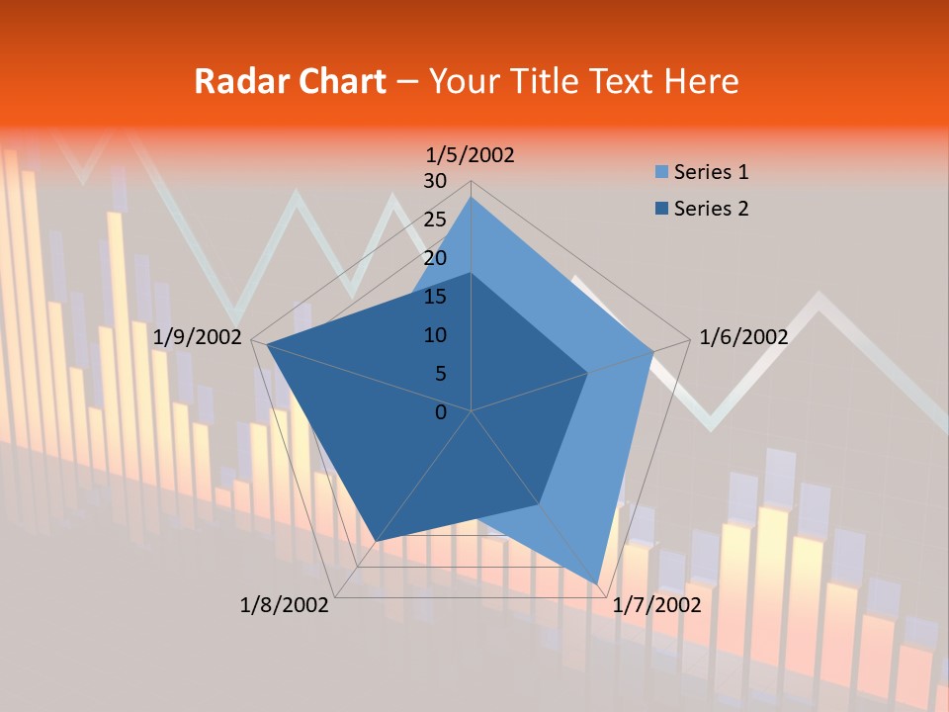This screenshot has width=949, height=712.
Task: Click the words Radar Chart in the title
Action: [x=290, y=81]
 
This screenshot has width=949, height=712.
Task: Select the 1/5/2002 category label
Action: [x=470, y=154]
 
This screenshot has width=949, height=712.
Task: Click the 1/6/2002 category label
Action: [x=743, y=337]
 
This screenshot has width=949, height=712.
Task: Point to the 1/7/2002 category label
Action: [x=656, y=604]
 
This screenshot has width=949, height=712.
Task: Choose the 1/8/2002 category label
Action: [x=285, y=604]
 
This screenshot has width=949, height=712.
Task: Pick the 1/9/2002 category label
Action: [x=198, y=337]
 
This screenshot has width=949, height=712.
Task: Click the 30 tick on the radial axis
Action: [x=434, y=181]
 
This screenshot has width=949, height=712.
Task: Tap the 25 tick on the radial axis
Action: [x=434, y=220]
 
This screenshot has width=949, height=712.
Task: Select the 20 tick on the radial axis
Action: [x=434, y=258]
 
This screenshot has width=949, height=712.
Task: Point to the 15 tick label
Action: [x=434, y=297]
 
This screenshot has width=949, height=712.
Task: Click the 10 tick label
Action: [x=434, y=335]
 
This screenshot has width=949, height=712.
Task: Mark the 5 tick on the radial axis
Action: [x=439, y=374]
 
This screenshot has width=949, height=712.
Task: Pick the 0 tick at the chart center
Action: [x=441, y=411]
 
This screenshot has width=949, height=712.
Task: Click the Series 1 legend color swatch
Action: [x=661, y=172]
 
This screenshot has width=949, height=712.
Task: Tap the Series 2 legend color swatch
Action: [x=661, y=209]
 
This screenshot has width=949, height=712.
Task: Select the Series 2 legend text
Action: [x=711, y=209]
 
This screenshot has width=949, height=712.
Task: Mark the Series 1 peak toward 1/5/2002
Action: [x=471, y=198]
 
